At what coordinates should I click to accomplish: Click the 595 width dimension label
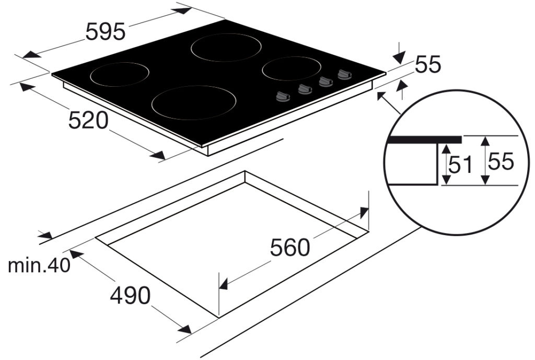(x=106, y=32)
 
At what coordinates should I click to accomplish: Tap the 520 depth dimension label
(x=88, y=120)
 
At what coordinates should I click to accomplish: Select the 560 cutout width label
(x=290, y=247)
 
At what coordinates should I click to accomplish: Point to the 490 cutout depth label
(x=130, y=295)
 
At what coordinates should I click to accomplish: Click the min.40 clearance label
(x=39, y=265)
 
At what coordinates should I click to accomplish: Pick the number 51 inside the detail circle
(x=460, y=164)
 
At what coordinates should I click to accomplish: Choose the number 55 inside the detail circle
(x=501, y=161)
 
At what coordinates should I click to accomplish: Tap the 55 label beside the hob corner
(x=428, y=64)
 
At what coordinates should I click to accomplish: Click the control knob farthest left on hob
(x=283, y=97)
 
